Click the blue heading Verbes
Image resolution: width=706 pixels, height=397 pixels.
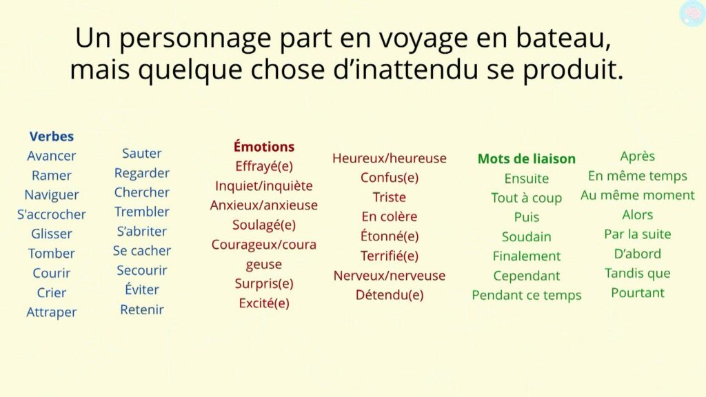pos(51,136)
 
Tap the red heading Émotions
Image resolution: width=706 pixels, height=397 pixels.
pos(264,146)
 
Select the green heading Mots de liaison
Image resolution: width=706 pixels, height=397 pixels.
pos(526,159)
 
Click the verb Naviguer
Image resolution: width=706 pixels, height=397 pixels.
pos(51,195)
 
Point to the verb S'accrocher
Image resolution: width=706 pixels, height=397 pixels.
pos(51,214)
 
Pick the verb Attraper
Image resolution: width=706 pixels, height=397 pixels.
pos(51,312)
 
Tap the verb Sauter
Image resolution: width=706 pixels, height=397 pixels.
pos(142,154)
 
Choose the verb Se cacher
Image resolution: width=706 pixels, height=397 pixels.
pos(142,251)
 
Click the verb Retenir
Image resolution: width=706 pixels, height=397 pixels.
pos(142,309)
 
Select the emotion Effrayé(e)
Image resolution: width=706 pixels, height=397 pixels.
pos(264,167)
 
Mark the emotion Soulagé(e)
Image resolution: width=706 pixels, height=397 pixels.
pos(264,225)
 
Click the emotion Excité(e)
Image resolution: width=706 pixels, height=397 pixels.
pos(264,303)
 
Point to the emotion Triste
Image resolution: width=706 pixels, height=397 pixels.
pos(389,197)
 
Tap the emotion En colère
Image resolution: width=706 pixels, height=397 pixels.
pos(389,216)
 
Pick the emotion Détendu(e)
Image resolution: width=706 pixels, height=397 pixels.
pos(389,295)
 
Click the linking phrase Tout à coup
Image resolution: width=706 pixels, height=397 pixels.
pos(526,198)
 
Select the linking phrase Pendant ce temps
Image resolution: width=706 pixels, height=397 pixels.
pos(526,295)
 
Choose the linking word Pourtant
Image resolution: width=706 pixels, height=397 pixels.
pos(638,293)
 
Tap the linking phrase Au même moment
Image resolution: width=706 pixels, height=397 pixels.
pos(638,195)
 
